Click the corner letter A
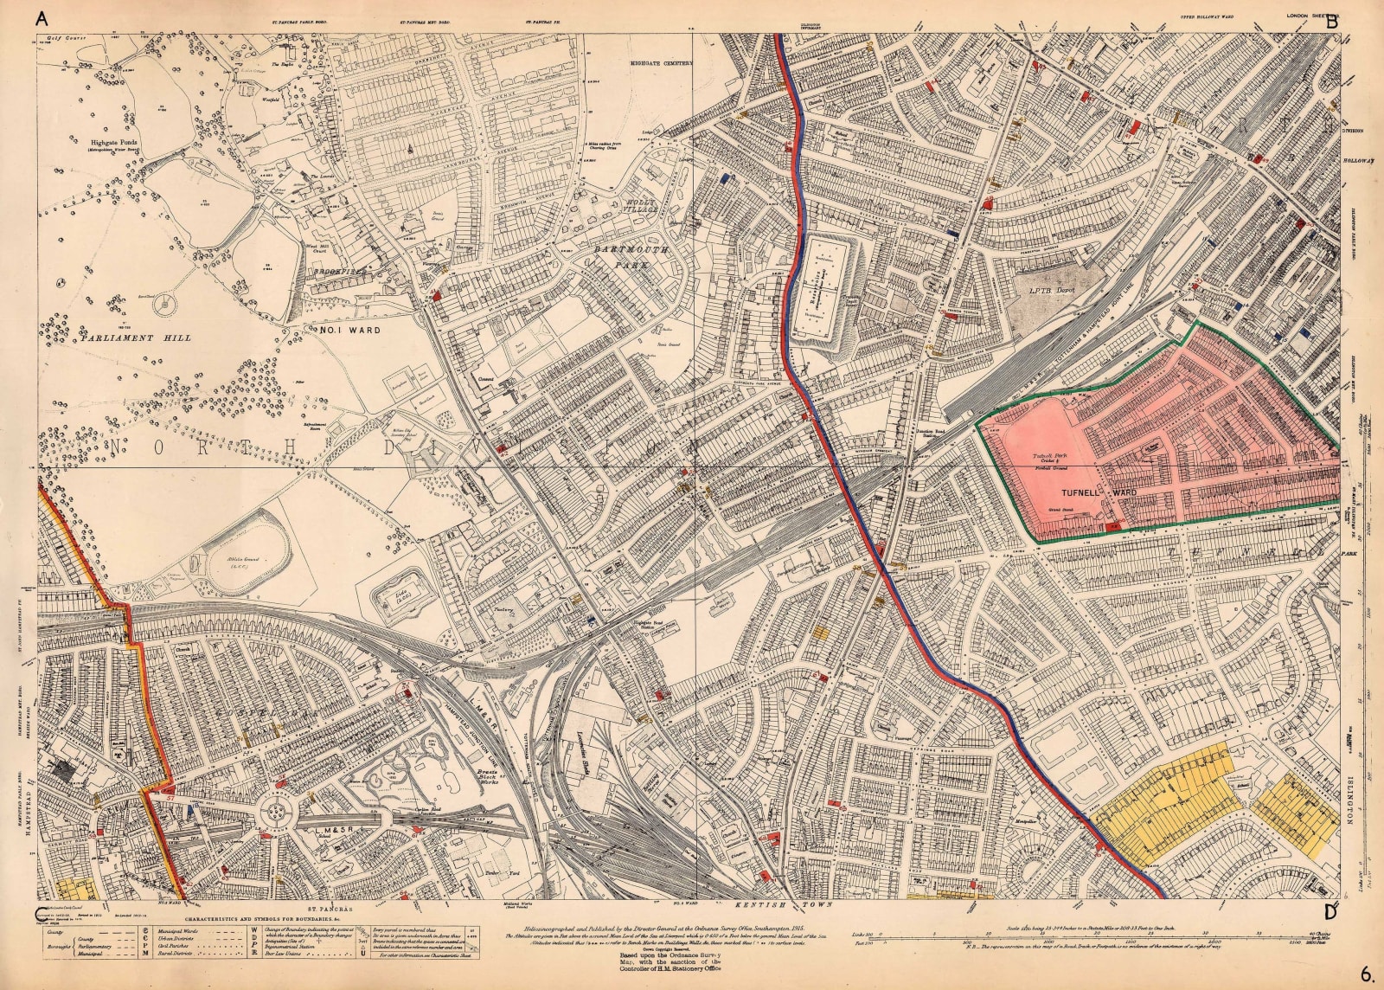pyautogui.click(x=40, y=23)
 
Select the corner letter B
pyautogui.click(x=1331, y=23)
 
